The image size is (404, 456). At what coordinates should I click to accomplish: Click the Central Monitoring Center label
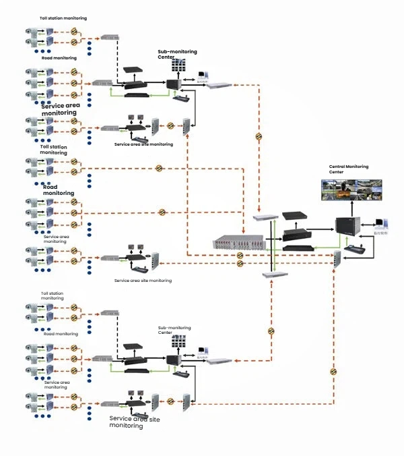click(349, 169)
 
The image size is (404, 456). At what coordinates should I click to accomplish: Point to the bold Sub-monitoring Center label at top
click(172, 54)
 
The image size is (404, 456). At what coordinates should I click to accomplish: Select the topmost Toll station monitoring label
click(63, 18)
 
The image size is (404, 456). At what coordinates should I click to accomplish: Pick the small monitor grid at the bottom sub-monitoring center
click(178, 343)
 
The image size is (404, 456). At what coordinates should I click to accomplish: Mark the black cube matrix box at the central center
click(347, 230)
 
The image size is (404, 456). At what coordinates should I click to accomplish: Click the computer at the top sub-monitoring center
click(201, 78)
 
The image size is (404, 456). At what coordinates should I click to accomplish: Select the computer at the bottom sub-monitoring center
click(201, 353)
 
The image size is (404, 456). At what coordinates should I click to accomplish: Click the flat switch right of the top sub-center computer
click(221, 84)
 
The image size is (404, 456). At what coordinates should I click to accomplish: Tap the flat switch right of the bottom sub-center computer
click(220, 360)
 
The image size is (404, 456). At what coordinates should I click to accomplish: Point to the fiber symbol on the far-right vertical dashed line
click(333, 371)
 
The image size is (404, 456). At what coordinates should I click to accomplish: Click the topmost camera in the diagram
click(32, 32)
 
